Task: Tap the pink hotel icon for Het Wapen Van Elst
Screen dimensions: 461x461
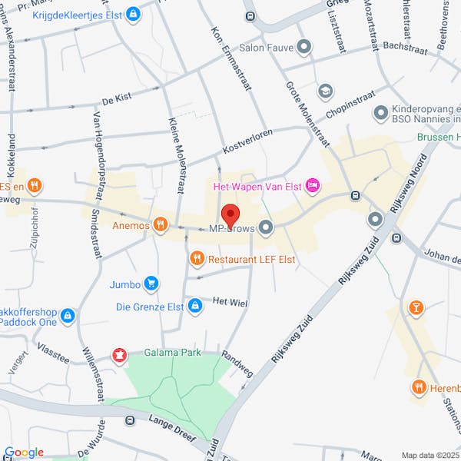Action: [x=313, y=185]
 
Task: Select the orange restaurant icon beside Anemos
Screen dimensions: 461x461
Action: [x=160, y=224]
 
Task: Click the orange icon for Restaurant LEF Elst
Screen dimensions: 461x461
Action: [x=197, y=259]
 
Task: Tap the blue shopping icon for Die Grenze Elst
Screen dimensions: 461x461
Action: [x=195, y=306]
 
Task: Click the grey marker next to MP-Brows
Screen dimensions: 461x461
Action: [x=266, y=227]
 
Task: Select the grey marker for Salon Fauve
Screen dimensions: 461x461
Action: [x=304, y=47]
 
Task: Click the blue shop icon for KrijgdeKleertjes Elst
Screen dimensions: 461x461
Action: [x=134, y=13]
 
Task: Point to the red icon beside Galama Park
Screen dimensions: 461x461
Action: [x=119, y=354]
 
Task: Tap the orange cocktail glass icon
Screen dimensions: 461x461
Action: [x=416, y=308]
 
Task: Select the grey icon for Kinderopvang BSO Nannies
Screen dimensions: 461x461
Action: [x=380, y=113]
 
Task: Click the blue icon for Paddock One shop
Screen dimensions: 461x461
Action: [x=68, y=316]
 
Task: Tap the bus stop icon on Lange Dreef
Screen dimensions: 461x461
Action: [x=130, y=420]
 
